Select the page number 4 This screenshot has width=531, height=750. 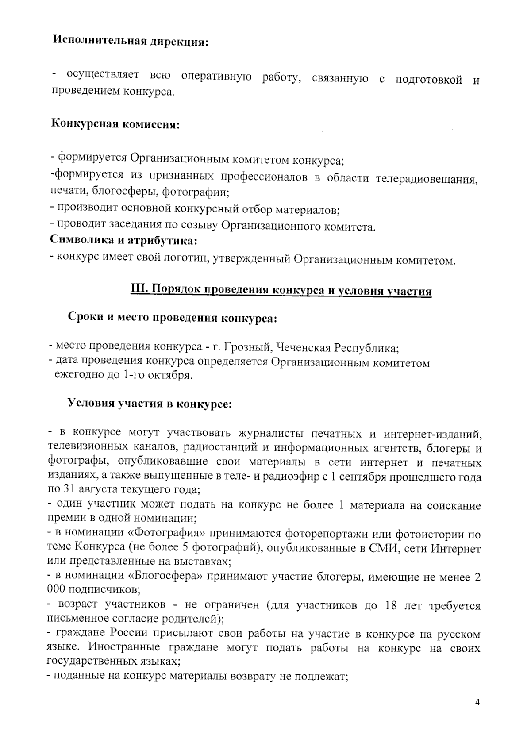pos(477,702)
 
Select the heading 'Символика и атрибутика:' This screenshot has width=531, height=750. pos(123,241)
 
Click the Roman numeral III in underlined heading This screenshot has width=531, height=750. pos(137,290)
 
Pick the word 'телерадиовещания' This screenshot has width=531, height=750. pos(426,179)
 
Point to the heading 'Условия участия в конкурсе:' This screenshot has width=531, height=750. pos(150,404)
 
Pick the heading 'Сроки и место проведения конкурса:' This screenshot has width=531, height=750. pos(172,318)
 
